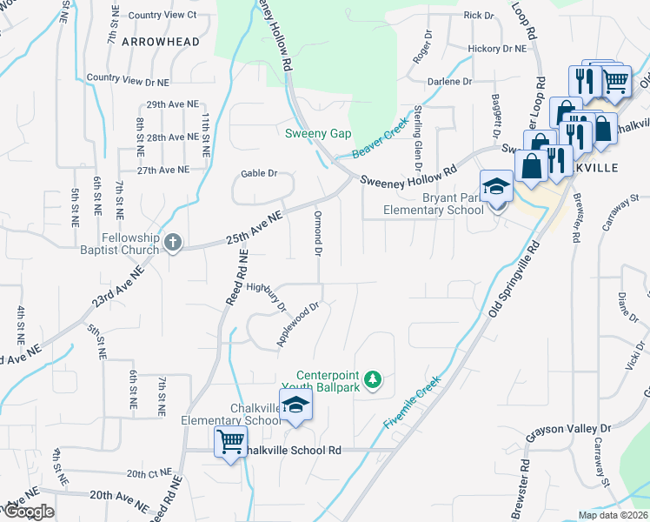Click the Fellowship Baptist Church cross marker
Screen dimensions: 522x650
coord(173,242)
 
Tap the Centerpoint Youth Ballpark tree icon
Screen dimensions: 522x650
coord(373,378)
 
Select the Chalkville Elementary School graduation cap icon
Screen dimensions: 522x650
coord(295,405)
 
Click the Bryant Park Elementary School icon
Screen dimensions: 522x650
coord(496,187)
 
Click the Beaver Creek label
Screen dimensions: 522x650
coord(380,140)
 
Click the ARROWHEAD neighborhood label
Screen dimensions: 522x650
coord(161,41)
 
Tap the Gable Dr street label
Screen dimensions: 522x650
coord(258,173)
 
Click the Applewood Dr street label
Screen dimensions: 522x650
coord(300,325)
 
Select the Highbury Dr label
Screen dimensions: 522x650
coord(266,296)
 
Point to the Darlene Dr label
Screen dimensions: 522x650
coord(449,81)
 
